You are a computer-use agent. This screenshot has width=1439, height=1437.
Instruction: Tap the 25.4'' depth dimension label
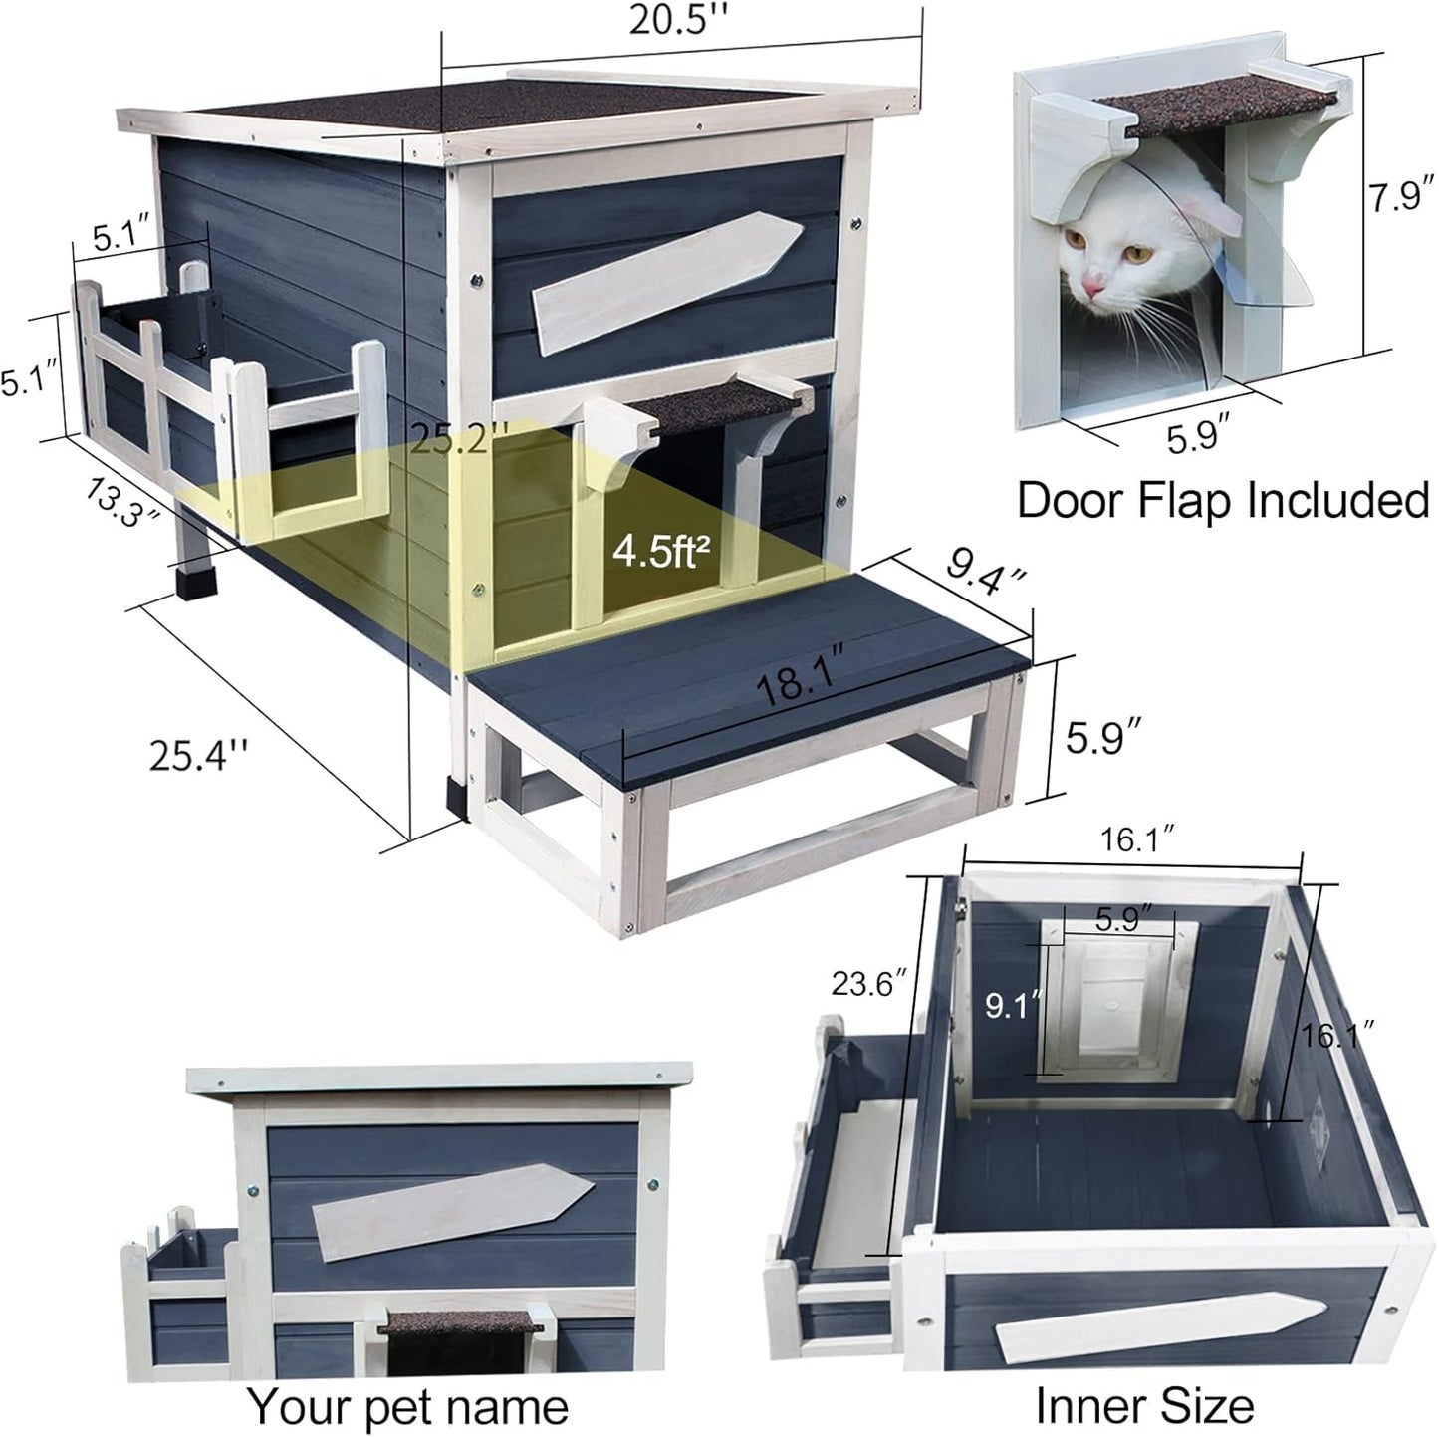[197, 754]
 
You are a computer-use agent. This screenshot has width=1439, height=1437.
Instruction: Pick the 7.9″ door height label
[1398, 197]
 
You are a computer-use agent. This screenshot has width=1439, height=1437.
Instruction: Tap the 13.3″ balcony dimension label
[122, 500]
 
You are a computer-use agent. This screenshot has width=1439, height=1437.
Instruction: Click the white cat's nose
[1093, 287]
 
